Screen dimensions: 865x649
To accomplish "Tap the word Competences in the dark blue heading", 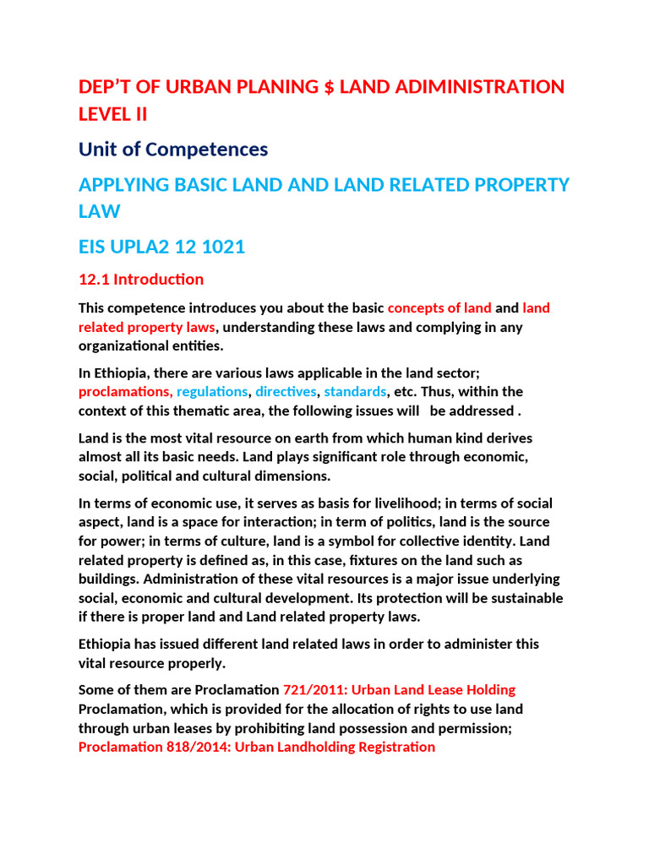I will pyautogui.click(x=208, y=150).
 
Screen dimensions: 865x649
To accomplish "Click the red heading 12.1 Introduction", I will pyautogui.click(x=141, y=279).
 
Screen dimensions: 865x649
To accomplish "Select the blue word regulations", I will pyautogui.click(x=214, y=392).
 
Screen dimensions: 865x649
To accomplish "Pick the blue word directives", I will pyautogui.click(x=286, y=392).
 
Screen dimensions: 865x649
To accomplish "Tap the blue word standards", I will pyautogui.click(x=356, y=392).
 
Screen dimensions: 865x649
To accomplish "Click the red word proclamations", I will pyautogui.click(x=124, y=392).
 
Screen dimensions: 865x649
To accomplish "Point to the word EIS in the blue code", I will pyautogui.click(x=95, y=247).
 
